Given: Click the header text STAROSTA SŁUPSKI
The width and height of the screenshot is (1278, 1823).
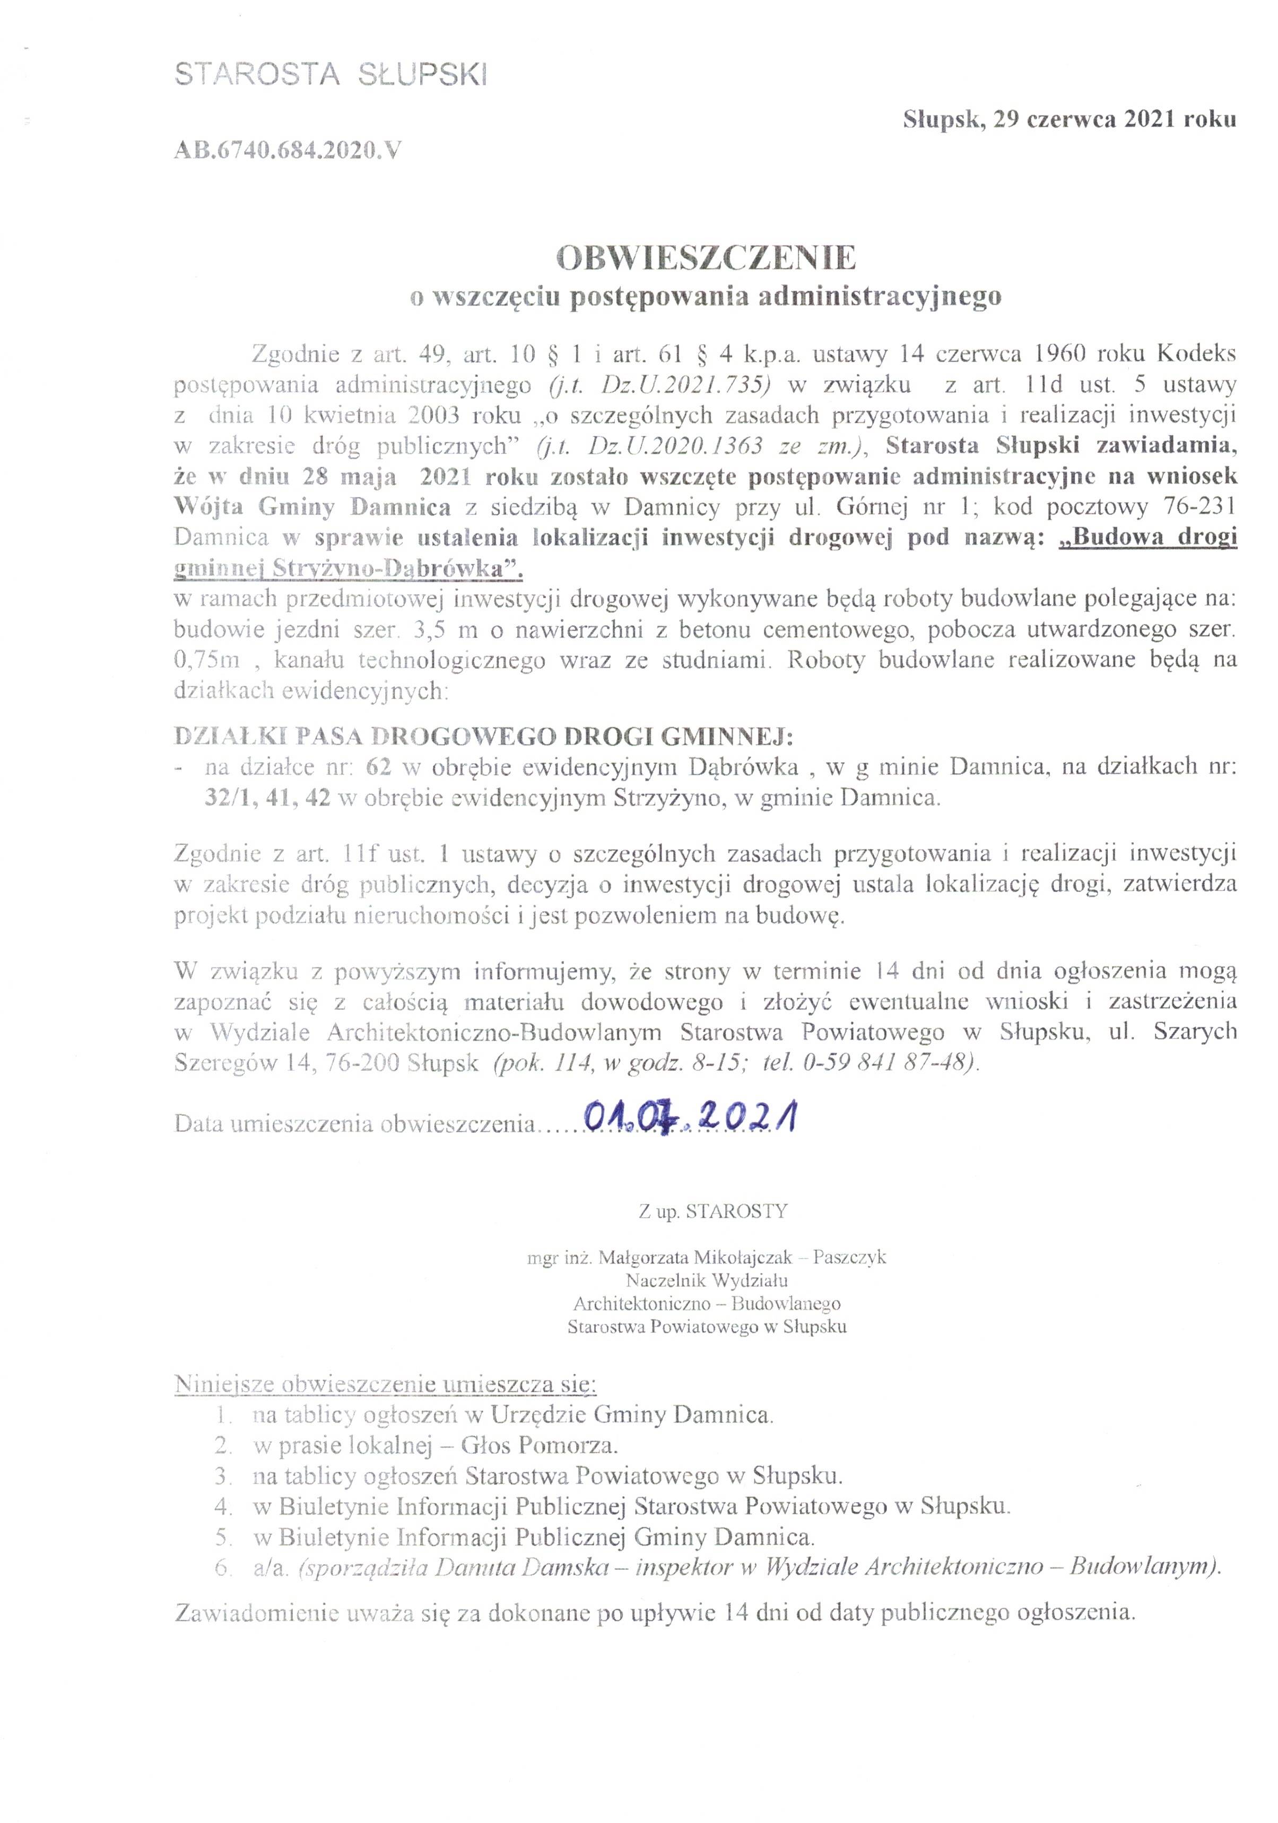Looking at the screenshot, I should click(x=331, y=75).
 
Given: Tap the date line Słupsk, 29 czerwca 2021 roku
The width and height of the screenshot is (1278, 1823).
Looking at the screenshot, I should click(x=1069, y=120).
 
